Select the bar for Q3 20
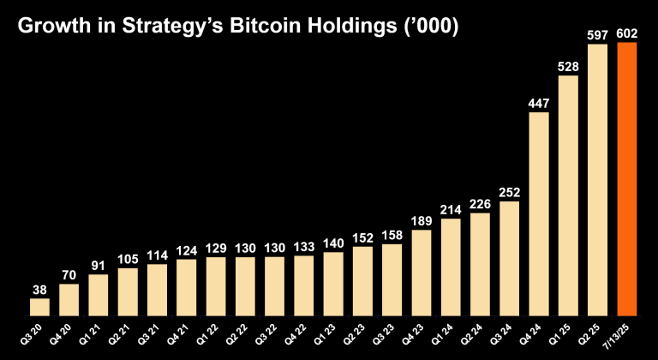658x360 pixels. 40,307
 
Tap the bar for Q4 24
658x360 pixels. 539,213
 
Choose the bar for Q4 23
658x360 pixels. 422,272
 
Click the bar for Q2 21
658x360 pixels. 128,291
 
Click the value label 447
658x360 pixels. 539,104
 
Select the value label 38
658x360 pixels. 40,290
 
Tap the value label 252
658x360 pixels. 510,192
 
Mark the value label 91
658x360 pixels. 99,266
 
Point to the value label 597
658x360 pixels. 598,35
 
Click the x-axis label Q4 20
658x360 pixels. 67,333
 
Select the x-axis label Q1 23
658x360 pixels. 332,333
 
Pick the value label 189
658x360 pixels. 422,220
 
